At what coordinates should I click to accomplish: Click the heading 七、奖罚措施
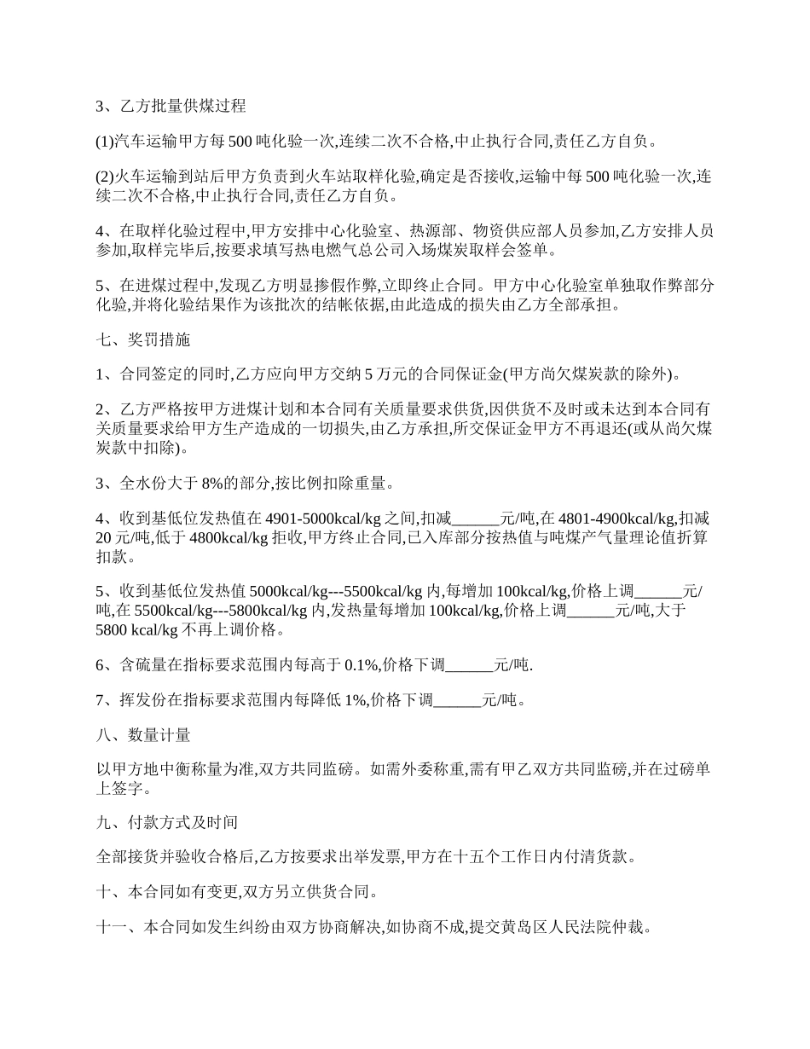click(x=142, y=340)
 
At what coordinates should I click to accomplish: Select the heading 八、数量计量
click(x=142, y=734)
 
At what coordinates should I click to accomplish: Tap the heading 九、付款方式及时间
click(x=166, y=823)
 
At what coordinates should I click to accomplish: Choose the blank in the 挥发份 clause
click(x=458, y=700)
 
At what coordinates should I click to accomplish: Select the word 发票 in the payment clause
click(x=385, y=856)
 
